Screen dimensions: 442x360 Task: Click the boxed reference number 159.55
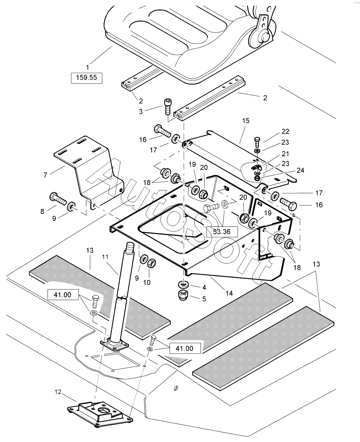coord(86,78)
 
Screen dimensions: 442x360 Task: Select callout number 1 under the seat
coord(87,66)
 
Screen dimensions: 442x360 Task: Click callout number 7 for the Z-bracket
coord(45,174)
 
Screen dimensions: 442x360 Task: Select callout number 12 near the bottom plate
coord(58,392)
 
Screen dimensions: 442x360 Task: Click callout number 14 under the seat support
coord(229,293)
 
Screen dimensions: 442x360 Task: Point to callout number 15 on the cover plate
coord(246,121)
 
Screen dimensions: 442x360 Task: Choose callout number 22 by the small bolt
coord(286,131)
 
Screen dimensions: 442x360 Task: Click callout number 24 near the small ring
coord(301,171)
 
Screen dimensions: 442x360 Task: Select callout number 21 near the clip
coord(286,154)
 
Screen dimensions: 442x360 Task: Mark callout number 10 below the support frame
coord(147,282)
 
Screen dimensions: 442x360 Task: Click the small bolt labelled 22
coord(258,141)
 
